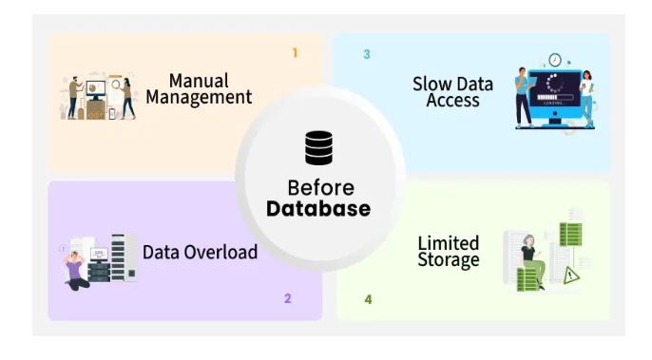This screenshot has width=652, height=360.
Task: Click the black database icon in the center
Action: point(319,148)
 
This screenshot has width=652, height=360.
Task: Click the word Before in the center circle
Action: point(320,187)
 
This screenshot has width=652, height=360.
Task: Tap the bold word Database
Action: point(318,209)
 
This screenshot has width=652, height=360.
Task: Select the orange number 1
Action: point(295,53)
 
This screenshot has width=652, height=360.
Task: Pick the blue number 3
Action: point(367,54)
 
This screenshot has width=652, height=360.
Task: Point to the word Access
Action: point(452,100)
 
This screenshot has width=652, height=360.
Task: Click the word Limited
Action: point(449,243)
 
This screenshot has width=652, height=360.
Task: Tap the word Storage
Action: point(449,259)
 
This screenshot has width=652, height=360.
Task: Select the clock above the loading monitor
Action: point(555,60)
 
